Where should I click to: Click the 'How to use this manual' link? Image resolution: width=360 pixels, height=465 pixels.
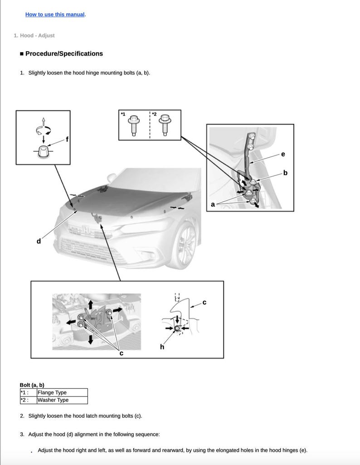[55, 15]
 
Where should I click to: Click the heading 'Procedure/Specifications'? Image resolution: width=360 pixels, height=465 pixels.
[64, 53]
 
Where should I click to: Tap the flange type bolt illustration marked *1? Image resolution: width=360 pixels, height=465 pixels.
[134, 125]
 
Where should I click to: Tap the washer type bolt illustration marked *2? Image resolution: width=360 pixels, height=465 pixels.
[165, 125]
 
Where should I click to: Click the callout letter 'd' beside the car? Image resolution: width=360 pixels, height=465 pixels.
[39, 241]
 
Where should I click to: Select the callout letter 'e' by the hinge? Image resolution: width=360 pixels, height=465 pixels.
[283, 154]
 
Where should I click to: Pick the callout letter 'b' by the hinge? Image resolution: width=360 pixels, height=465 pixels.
[285, 173]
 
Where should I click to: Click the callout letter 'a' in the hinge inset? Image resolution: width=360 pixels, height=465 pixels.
[213, 204]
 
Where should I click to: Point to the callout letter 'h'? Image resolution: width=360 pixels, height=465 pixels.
[162, 347]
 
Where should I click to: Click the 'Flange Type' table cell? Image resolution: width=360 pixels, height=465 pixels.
[52, 392]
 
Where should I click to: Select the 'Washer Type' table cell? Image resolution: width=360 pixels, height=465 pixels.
[53, 400]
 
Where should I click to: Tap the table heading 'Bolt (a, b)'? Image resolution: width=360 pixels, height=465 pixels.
[32, 385]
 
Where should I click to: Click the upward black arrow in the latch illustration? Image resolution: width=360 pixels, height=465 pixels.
[91, 304]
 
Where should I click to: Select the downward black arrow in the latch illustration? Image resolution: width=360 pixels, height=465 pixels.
[91, 339]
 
